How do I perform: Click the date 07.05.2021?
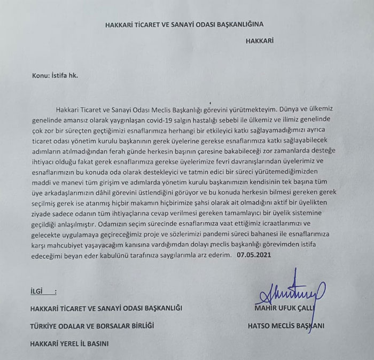(x=254, y=255)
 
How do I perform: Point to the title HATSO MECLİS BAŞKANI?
(x=286, y=325)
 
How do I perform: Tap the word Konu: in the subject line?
(x=42, y=76)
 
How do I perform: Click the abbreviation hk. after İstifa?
(x=73, y=76)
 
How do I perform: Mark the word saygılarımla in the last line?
(x=174, y=255)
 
